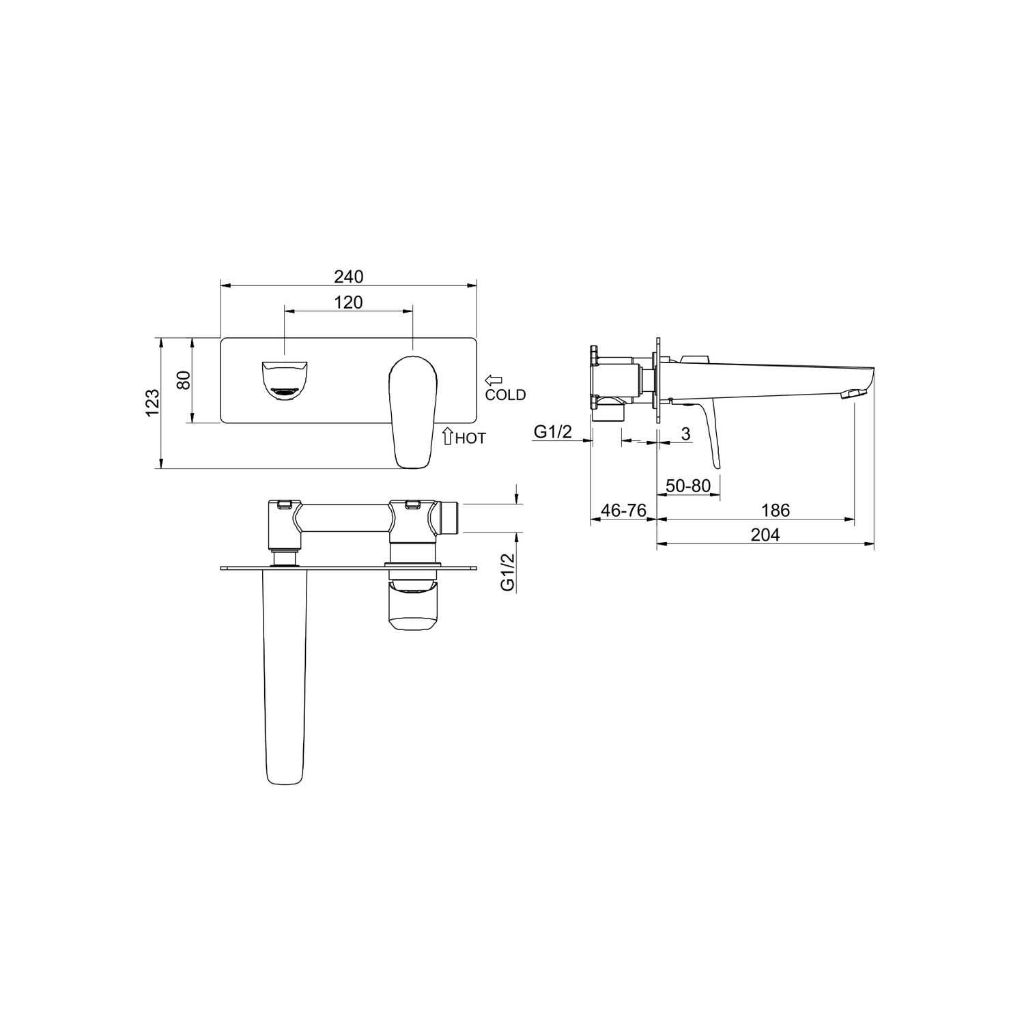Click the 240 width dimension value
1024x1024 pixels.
[348, 276]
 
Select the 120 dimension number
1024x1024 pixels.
[348, 302]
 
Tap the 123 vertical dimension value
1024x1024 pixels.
[152, 403]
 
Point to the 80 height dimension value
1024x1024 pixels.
[184, 380]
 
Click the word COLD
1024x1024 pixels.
[505, 395]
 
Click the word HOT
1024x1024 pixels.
[470, 438]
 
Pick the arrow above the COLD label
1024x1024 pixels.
[494, 380]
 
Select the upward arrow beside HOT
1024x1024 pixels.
[448, 436]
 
